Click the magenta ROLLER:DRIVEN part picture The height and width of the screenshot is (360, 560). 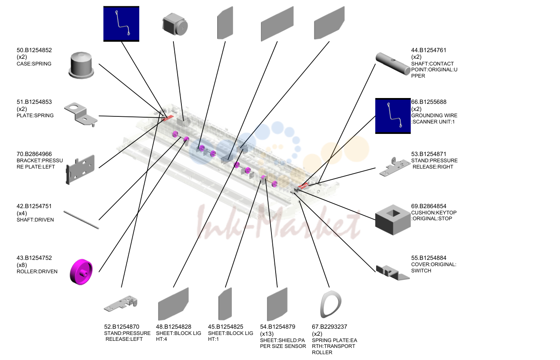(x=81, y=272)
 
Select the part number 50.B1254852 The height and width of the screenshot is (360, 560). (x=34, y=50)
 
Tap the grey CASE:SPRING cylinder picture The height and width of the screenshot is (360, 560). (x=81, y=65)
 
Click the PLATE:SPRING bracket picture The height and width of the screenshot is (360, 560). (x=81, y=114)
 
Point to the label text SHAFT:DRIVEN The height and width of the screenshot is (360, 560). (x=35, y=220)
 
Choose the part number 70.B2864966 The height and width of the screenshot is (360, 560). (x=34, y=154)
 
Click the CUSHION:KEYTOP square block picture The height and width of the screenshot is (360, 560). (x=393, y=220)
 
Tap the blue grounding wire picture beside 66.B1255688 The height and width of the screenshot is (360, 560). (x=393, y=116)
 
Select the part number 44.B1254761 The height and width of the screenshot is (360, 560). (x=429, y=50)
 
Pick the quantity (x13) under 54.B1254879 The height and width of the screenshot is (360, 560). (x=267, y=334)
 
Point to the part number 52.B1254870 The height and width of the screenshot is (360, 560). (x=121, y=327)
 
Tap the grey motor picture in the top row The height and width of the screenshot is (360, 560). (x=175, y=25)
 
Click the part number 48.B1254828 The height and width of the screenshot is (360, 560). (x=173, y=327)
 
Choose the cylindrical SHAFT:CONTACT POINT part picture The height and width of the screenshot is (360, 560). (x=393, y=63)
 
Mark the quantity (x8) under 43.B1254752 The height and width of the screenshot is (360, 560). (x=22, y=265)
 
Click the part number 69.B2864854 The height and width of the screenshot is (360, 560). (x=429, y=206)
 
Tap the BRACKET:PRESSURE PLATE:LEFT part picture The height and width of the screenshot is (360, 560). (x=80, y=169)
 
